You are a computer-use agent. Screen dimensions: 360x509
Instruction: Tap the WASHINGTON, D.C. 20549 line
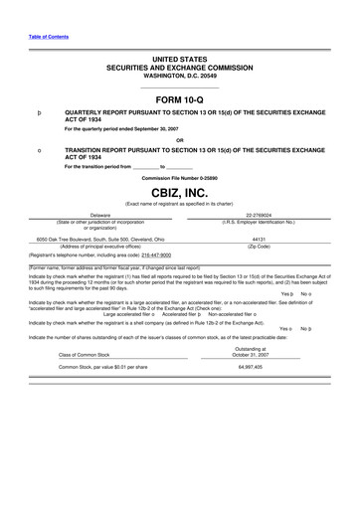[179, 76]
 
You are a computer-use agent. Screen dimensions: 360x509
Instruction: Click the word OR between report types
[179, 139]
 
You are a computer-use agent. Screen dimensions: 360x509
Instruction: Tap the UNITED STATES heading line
[179, 61]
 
